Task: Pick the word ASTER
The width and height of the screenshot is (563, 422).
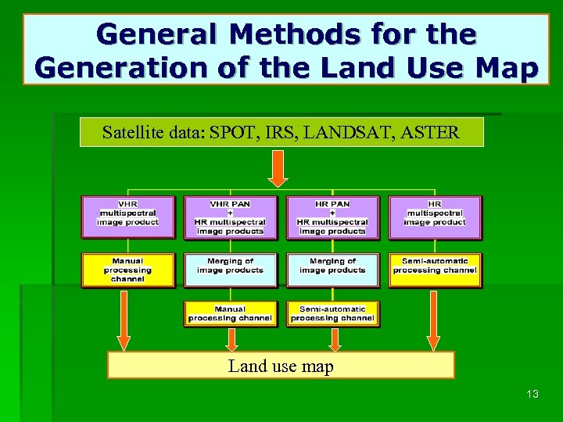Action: point(432,132)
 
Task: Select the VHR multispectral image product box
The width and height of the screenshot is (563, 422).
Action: point(127,216)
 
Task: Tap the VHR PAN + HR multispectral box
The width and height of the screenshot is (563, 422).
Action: point(230,217)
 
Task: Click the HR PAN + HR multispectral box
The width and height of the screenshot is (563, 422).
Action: point(332,217)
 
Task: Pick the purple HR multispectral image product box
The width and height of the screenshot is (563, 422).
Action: point(435,216)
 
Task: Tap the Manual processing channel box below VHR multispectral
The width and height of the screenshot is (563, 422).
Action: point(127,270)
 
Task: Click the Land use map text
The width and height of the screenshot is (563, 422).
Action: point(281,366)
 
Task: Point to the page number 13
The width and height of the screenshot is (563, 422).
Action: point(533,394)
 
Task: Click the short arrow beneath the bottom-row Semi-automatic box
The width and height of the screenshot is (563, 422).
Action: point(335,338)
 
